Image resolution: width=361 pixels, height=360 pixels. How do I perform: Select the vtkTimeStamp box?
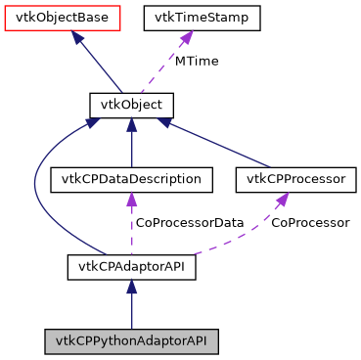tap(203, 17)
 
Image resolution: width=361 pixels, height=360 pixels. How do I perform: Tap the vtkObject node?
tap(132, 103)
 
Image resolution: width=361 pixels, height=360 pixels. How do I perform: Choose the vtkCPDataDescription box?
tap(132, 179)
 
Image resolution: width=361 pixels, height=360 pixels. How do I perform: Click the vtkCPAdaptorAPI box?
tap(132, 265)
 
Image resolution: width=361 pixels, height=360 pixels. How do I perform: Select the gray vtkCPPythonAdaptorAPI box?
tap(132, 341)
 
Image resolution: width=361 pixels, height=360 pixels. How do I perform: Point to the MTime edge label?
tap(197, 61)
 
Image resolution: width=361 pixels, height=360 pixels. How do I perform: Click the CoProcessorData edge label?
tap(190, 223)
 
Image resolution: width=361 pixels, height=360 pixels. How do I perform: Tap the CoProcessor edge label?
tap(310, 223)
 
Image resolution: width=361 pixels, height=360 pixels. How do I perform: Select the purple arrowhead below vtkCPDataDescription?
tap(132, 199)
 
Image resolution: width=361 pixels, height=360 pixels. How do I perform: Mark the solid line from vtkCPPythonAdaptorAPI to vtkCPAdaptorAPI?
tap(132, 311)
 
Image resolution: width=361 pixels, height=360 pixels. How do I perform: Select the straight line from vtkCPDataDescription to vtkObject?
tap(132, 147)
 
